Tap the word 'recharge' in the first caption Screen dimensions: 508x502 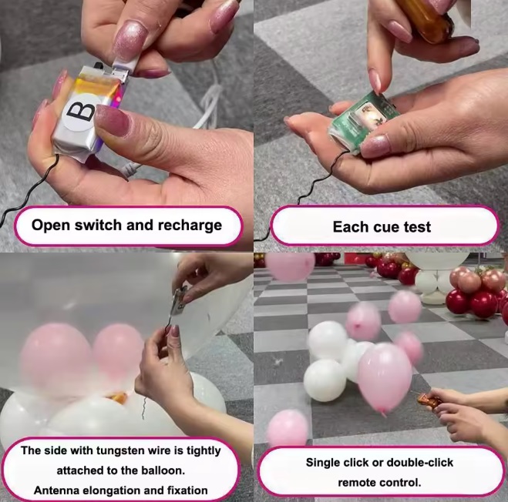190,226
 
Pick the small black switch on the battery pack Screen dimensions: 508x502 98,65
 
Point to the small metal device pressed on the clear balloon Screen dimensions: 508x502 179,300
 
